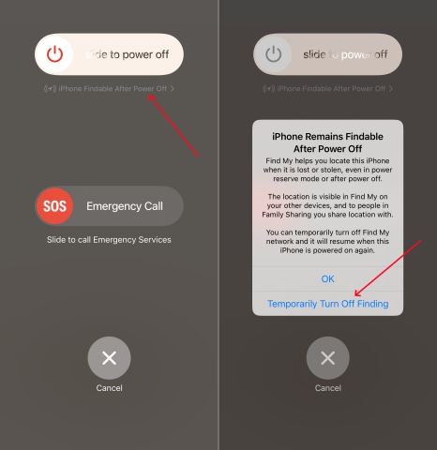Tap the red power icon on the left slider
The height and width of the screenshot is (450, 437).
point(54,54)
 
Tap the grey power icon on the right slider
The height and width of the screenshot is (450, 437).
point(273,54)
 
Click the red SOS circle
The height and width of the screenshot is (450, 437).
point(54,206)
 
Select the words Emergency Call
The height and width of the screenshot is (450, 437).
point(125,206)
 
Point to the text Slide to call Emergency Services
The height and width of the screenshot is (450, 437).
point(109,240)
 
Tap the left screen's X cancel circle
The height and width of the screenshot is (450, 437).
point(109,358)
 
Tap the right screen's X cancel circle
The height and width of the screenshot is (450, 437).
point(328,358)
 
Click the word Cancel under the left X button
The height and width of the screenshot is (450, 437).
point(109,388)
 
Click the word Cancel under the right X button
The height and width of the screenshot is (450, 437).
point(328,388)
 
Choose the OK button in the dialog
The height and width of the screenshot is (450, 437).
point(327,278)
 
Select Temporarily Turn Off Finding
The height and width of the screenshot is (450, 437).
point(328,304)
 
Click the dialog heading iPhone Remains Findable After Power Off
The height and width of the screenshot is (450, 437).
point(327,142)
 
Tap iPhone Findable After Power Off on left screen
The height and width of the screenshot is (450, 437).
point(113,89)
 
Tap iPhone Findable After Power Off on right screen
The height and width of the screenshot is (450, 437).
point(331,89)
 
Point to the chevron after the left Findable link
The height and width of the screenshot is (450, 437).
point(173,89)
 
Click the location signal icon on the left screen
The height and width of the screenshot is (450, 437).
point(50,89)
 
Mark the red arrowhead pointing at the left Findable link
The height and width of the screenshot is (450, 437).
point(151,97)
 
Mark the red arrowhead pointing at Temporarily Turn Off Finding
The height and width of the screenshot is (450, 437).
point(357,293)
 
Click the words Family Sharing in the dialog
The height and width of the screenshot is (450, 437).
point(284,215)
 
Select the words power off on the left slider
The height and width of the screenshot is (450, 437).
point(145,54)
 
